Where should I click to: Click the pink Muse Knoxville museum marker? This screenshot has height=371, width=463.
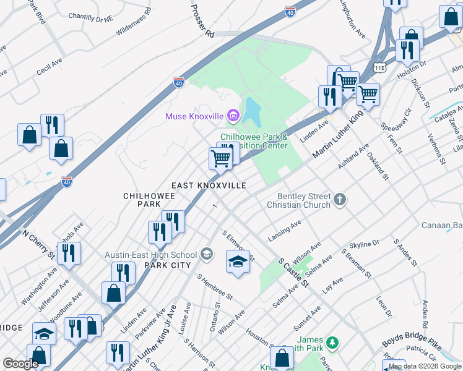point(233,116)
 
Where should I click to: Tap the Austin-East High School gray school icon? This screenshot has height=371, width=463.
point(207,254)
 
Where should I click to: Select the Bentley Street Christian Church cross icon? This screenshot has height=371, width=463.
point(339,199)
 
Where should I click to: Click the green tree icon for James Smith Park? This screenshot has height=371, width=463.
point(332,342)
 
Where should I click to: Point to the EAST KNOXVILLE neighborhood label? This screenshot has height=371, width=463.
point(209,185)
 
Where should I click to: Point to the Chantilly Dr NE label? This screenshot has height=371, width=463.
point(91,17)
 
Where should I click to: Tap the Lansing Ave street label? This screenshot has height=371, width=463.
point(284,231)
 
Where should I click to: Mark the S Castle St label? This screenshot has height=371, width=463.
point(293,273)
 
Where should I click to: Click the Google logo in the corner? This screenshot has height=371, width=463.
point(20,364)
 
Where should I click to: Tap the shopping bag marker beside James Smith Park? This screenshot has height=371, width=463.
point(282,357)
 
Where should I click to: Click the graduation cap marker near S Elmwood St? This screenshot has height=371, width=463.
point(238,262)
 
